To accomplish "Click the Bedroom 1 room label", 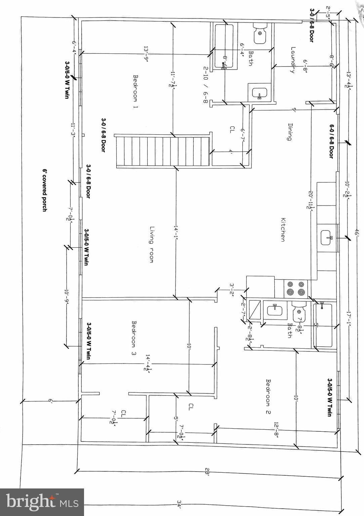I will pyautogui.click(x=136, y=91).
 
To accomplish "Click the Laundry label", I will pyautogui.click(x=292, y=60).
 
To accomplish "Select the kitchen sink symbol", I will pyautogui.click(x=327, y=237).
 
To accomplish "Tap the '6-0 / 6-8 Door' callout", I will pyautogui.click(x=331, y=141).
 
